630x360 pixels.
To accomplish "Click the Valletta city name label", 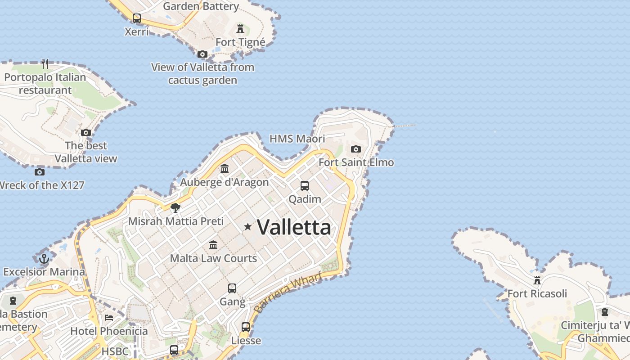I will coord(294,227).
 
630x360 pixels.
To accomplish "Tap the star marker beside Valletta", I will coord(247,227).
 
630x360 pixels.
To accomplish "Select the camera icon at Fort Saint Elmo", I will coord(356,149).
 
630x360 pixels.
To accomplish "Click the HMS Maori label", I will coord(297,139).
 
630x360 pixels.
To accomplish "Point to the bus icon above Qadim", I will coord(305,185).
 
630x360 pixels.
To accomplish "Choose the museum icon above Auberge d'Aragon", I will coord(225,169).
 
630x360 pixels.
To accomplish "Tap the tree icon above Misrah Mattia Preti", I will coord(175,207).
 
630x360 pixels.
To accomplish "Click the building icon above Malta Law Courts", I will coord(213,245).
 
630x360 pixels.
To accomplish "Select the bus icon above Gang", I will coord(232,288).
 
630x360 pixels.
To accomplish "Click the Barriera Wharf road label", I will coord(288,292).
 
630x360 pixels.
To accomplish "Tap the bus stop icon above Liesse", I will coord(246,327).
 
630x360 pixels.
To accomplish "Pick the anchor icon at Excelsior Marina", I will coord(44,258).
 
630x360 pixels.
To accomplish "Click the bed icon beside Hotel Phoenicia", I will coord(109,318).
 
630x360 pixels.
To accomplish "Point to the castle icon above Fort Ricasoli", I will coord(537,280).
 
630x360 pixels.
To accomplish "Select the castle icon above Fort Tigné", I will coord(240,29).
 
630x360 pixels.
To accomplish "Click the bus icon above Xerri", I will coord(136,18).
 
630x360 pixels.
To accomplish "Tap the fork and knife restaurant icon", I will coord(45,64).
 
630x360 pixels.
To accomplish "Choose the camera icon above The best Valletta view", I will coord(85,132).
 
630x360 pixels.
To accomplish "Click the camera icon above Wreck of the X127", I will coord(40,172).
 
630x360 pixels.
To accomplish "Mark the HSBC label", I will coord(115,351).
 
